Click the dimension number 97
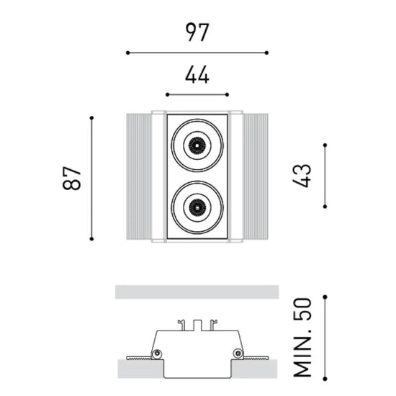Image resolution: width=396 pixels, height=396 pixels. [197, 32]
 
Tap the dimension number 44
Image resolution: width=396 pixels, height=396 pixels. [197, 75]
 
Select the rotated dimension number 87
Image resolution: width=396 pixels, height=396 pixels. [72, 178]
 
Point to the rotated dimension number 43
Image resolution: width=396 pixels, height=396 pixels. [302, 176]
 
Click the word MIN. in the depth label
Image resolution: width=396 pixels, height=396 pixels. [302, 354]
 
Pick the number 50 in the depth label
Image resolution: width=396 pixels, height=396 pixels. [302, 310]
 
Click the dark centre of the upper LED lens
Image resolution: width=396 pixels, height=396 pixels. [197, 145]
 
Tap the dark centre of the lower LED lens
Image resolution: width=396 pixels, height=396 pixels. [197, 207]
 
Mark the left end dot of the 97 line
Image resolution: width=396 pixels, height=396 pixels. [127, 53]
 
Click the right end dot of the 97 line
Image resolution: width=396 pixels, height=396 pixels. [266, 53]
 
